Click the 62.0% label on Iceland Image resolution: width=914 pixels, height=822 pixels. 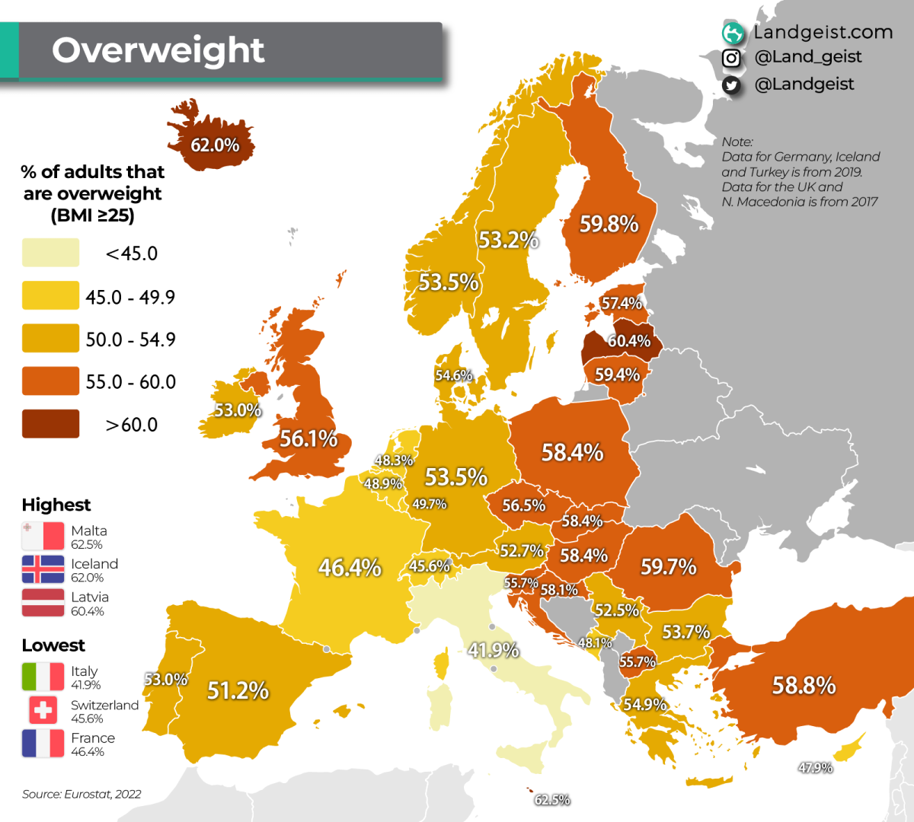215,145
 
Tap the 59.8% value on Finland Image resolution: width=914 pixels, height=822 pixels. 609,224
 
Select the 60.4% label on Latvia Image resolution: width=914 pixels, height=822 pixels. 628,341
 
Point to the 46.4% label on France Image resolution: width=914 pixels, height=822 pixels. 350,567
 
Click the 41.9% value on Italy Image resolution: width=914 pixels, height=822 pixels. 493,650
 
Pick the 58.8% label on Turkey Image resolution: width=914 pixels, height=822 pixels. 804,685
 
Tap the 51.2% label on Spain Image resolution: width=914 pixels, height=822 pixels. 238,690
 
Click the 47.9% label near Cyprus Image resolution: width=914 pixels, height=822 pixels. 815,768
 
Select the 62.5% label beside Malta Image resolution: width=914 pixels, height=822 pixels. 552,800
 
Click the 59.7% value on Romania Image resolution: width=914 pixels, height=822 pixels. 668,566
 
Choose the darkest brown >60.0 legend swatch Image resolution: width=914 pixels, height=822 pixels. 50,424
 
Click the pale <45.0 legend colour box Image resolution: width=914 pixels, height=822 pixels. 50,253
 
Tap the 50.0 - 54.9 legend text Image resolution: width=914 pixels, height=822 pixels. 130,339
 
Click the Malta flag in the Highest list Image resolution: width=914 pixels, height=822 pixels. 43,536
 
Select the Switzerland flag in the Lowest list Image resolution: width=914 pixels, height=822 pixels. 43,710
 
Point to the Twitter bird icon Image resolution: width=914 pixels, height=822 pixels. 731,85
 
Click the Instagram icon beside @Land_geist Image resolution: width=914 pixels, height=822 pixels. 731,58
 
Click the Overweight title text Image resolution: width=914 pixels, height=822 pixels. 158,50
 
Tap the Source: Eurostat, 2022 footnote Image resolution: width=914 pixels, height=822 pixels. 81,794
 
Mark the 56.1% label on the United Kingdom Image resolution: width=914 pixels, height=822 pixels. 308,438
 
